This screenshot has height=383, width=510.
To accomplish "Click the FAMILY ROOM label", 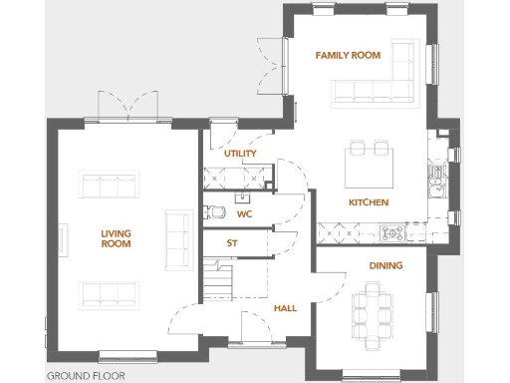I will click(x=348, y=55).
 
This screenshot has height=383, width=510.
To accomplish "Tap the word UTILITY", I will click(x=240, y=153).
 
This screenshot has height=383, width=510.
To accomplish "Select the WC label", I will click(x=243, y=213).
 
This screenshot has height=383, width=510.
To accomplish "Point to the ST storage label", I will click(x=232, y=242).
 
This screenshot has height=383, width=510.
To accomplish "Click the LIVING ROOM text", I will click(x=116, y=238).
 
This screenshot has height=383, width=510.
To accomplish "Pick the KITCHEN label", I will click(x=368, y=202).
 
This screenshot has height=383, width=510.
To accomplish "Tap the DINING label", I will click(x=385, y=265).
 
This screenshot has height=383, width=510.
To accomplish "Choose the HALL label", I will click(x=285, y=308).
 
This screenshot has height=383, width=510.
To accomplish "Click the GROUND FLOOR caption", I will click(x=86, y=376).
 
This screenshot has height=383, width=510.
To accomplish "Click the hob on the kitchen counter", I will click(x=391, y=233).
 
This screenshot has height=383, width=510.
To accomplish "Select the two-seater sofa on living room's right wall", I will click(x=178, y=239).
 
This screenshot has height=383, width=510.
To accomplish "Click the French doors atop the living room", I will click(x=127, y=105).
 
